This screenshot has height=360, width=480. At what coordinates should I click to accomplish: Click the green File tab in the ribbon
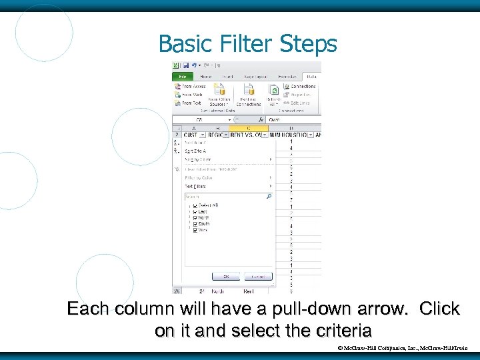pyautogui.click(x=181, y=77)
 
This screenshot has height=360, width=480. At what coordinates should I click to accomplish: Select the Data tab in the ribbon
pyautogui.click(x=311, y=77)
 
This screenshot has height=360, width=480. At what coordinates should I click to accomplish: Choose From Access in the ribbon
pyautogui.click(x=191, y=86)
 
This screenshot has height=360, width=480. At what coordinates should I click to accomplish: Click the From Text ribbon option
pyautogui.click(x=191, y=103)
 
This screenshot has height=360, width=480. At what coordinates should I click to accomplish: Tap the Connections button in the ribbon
pyautogui.click(x=303, y=86)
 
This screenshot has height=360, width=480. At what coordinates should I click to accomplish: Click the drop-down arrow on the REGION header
pyautogui.click(x=225, y=135)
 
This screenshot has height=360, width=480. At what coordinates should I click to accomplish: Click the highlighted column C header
pyautogui.click(x=249, y=127)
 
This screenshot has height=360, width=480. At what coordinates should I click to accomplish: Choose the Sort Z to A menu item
pyautogui.click(x=195, y=151)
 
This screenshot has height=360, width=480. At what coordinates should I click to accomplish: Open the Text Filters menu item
pyautogui.click(x=196, y=186)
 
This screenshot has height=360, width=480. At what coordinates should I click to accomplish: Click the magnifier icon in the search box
pyautogui.click(x=269, y=197)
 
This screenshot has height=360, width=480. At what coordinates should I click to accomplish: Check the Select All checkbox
pyautogui.click(x=195, y=205)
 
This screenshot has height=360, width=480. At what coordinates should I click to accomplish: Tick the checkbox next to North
pyautogui.click(x=195, y=217)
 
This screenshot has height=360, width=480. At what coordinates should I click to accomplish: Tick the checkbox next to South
pyautogui.click(x=195, y=224)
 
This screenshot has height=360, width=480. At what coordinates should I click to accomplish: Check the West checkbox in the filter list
pyautogui.click(x=195, y=230)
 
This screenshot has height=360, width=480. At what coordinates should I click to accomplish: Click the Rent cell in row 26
pyautogui.click(x=248, y=291)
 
